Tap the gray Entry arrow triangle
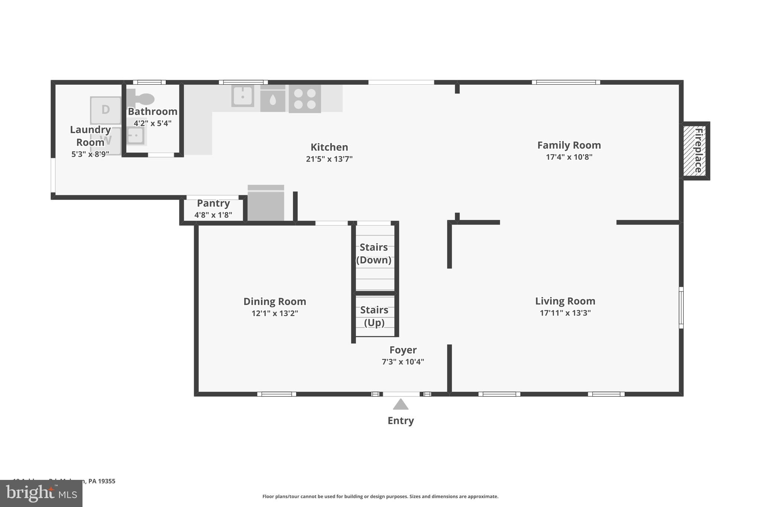pos(401,404)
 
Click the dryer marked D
pos(106,110)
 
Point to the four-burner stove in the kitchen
pos(305,99)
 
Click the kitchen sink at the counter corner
pos(243,96)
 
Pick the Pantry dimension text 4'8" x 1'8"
pos(213,215)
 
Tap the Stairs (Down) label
pos(374,254)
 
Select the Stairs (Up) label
pos(374,316)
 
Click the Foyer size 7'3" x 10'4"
pos(403,362)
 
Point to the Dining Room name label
pos(275,301)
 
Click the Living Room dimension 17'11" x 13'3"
pos(565,313)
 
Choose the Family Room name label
pos(569,145)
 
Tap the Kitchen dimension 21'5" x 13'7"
pos(329,159)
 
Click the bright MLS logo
pos(41,493)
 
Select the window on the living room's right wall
pos(681,308)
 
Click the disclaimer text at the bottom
pos(380,496)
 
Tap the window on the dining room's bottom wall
pos(276,394)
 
